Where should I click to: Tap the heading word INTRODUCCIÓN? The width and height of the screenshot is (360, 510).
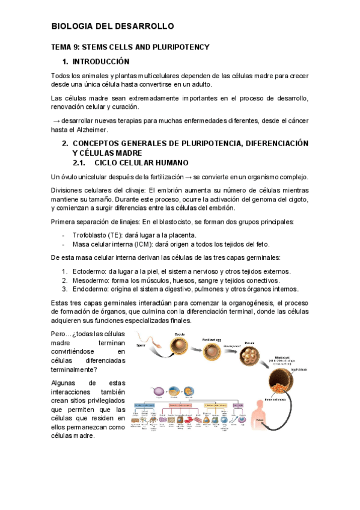(x=101, y=61)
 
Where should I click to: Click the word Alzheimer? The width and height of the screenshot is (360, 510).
(x=91, y=130)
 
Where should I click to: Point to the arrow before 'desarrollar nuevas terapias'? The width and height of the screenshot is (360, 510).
(x=55, y=121)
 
